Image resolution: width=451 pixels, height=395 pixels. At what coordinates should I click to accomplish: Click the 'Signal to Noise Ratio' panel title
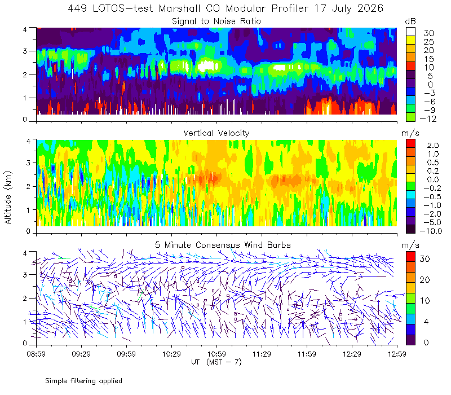216,21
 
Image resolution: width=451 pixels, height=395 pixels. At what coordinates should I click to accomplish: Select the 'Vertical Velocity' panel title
216,133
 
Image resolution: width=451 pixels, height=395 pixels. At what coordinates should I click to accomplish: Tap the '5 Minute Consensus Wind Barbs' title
223,245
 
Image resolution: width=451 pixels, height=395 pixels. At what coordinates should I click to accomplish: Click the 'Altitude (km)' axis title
8,198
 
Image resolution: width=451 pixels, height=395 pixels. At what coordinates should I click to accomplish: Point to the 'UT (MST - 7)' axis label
216,362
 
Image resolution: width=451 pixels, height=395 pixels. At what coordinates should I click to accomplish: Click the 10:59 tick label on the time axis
216,354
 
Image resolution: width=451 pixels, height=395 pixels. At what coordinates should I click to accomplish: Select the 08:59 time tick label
36,354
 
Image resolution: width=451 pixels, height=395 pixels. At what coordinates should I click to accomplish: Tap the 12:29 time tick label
352,354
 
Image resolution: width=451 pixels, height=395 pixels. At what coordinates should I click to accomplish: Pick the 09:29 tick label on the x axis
81,354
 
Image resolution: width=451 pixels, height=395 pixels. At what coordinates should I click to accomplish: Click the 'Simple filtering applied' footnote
83,381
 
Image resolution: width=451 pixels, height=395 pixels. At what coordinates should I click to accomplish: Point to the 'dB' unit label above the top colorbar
410,21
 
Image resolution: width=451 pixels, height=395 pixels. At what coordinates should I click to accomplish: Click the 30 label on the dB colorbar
428,33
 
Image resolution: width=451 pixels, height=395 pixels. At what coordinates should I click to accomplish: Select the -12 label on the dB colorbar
428,118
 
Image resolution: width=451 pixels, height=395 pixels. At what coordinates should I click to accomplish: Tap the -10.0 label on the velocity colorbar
431,231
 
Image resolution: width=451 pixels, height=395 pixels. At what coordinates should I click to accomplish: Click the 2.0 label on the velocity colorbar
433,146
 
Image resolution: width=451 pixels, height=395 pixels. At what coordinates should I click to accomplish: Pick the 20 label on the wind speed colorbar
425,279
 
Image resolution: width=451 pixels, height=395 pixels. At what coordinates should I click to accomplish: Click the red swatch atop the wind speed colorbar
410,257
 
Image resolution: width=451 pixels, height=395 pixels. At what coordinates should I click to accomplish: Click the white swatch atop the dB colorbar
410,32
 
